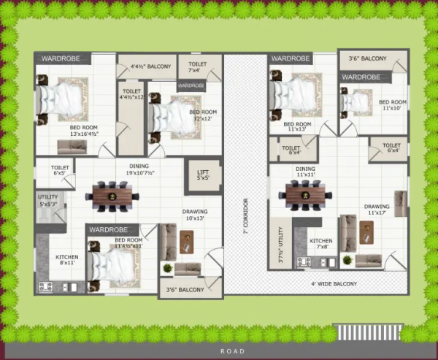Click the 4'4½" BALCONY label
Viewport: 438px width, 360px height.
coord(150,67)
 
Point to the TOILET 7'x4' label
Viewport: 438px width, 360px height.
coord(198,67)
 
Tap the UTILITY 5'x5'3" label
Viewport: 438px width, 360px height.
coord(52,199)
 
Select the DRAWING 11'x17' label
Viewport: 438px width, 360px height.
coord(377,210)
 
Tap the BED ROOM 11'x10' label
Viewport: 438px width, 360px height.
coord(392,105)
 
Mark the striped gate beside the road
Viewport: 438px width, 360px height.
coord(367,332)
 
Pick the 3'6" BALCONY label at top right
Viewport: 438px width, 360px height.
coord(366,58)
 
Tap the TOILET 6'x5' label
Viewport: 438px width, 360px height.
coord(61,170)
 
